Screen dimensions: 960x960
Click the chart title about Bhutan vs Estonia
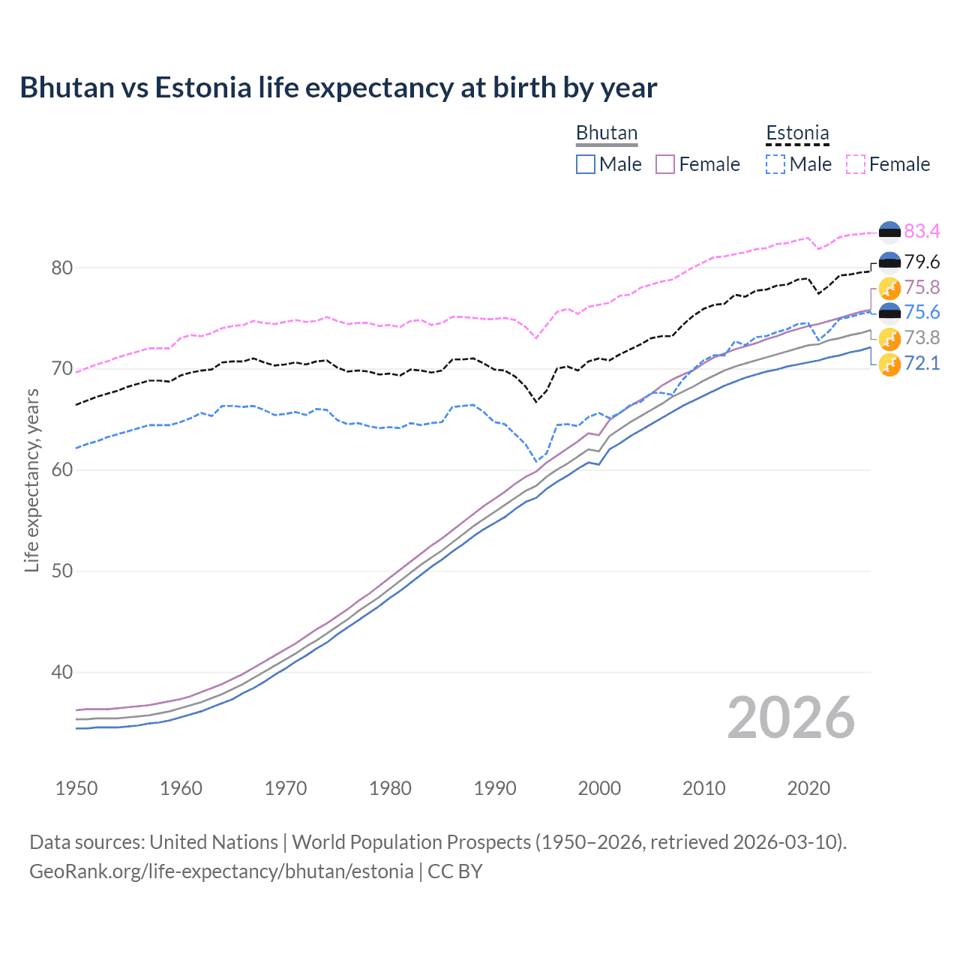point(338,88)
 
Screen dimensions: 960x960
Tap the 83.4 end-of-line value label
point(922,231)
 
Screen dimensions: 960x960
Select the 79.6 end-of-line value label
point(922,262)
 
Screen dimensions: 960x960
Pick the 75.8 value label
point(922,287)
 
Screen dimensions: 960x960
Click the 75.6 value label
point(922,313)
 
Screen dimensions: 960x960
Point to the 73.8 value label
point(922,338)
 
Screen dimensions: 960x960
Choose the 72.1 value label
point(922,364)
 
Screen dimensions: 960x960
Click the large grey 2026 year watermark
point(790,718)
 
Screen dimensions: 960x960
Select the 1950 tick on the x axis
point(76,788)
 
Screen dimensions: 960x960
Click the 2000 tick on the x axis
point(599,788)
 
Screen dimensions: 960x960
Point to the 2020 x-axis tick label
point(808,788)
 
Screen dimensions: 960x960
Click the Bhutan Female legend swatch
point(665,164)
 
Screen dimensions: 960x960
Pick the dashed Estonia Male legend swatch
point(775,164)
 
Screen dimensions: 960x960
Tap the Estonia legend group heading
point(797,133)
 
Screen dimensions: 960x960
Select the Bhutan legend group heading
point(606,133)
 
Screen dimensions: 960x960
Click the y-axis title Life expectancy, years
point(31,480)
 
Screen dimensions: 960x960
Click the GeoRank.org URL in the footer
point(221,871)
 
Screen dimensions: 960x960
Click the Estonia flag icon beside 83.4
point(889,232)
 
